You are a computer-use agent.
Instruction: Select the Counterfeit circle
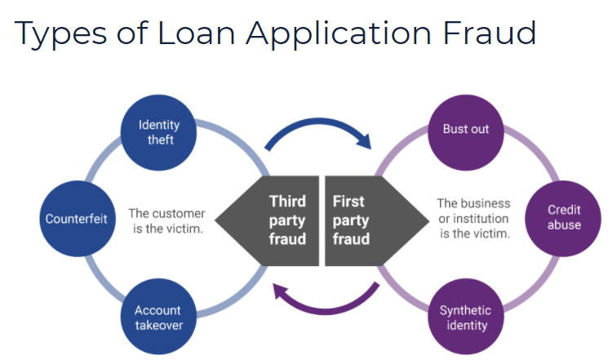76,219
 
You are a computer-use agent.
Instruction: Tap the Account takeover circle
158,318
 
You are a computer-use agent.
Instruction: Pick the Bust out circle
465,130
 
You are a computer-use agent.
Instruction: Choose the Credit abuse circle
564,219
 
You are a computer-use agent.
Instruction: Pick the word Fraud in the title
498,33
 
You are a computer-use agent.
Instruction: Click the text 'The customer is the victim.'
166,220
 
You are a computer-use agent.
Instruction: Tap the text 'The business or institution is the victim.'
473,218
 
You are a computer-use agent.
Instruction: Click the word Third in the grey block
287,201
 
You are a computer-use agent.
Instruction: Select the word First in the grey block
349,201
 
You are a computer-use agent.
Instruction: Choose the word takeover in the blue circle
159,325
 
